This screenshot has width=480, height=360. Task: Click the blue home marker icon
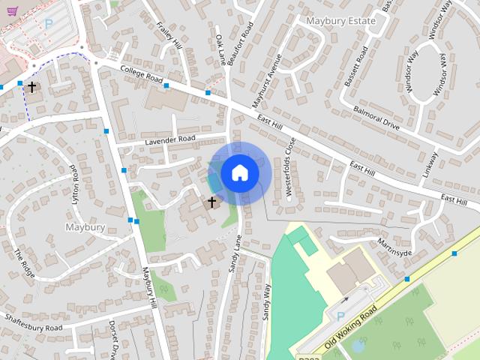[238, 172]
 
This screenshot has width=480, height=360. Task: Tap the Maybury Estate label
[340, 21]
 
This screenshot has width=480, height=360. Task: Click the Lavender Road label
[169, 139]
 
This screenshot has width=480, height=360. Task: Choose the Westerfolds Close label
[290, 166]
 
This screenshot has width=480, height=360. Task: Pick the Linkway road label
[429, 165]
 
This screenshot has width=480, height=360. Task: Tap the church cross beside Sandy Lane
[211, 202]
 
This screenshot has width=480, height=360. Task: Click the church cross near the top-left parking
[31, 87]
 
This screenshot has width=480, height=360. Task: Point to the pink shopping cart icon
[12, 23]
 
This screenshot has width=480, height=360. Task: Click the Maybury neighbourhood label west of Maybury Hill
[85, 226]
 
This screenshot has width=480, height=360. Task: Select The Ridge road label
[25, 263]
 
